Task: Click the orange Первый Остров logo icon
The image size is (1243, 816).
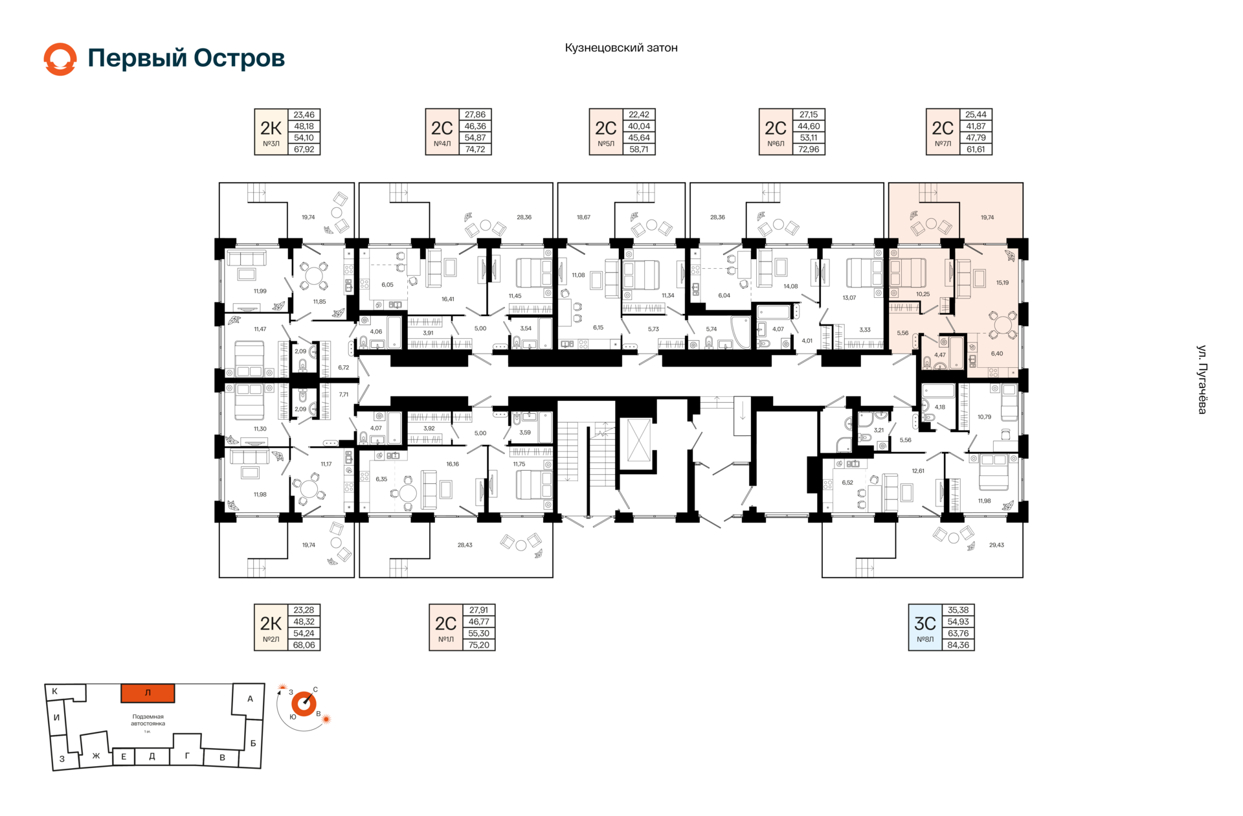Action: click(x=60, y=59)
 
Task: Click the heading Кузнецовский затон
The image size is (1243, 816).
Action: click(x=621, y=48)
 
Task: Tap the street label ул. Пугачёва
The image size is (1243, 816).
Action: click(x=1202, y=380)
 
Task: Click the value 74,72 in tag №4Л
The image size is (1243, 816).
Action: click(x=475, y=150)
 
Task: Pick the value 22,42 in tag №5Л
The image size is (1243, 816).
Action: click(x=639, y=115)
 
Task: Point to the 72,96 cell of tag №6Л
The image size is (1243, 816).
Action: click(x=809, y=150)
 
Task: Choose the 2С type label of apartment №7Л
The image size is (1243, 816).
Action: click(x=943, y=128)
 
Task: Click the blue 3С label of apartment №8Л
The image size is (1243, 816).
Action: click(x=925, y=624)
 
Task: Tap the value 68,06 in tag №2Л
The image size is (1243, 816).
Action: click(x=304, y=645)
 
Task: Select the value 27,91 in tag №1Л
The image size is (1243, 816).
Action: click(x=479, y=610)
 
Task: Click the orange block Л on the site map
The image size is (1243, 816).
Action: click(x=148, y=693)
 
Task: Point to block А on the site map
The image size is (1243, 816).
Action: click(x=250, y=699)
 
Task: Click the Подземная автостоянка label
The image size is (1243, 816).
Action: click(x=148, y=720)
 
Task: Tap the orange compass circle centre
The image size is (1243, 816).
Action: click(x=304, y=704)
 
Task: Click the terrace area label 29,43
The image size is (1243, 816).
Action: click(x=996, y=545)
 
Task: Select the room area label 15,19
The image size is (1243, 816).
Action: click(x=1002, y=283)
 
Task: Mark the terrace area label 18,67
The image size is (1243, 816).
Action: click(x=583, y=218)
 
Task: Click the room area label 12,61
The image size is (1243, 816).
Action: click(x=918, y=471)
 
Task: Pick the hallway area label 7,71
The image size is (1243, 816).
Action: click(x=344, y=394)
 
